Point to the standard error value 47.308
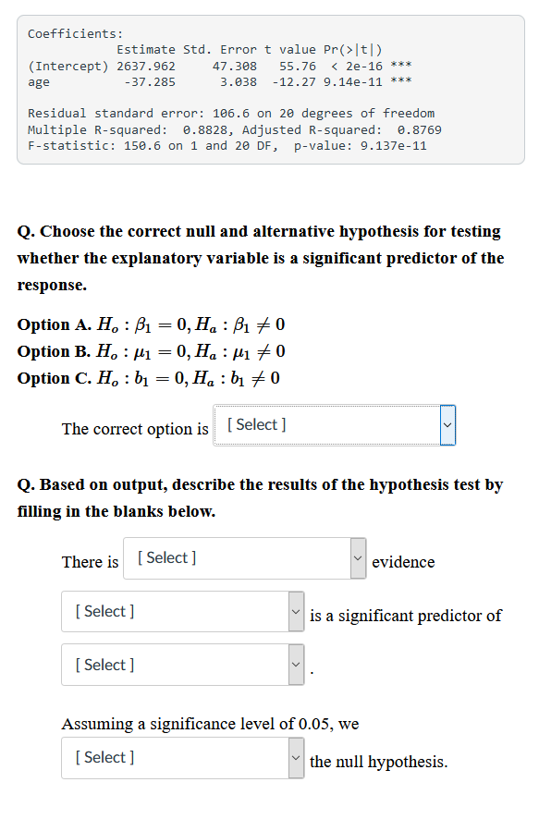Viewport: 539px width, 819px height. (x=235, y=67)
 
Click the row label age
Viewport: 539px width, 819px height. (x=39, y=82)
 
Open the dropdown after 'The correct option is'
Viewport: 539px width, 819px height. (x=334, y=425)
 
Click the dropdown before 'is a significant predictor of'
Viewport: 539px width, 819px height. (x=182, y=612)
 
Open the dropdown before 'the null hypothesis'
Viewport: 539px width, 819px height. (x=182, y=758)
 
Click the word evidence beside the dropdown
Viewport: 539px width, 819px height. (x=403, y=562)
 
